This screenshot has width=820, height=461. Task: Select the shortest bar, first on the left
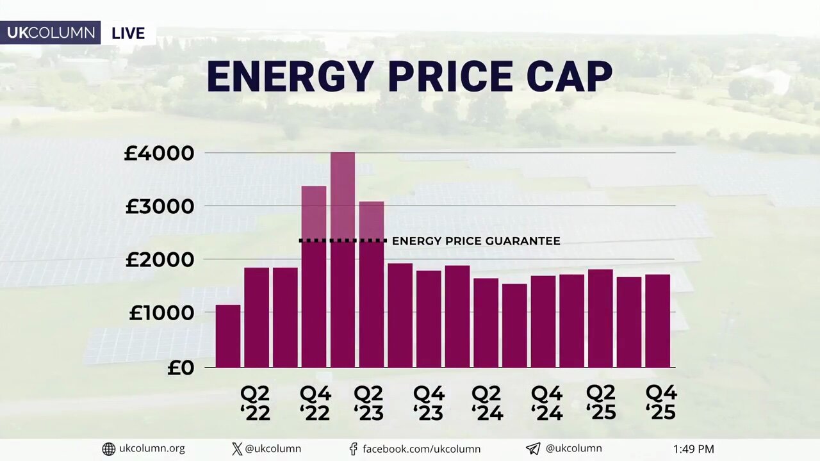click(228, 336)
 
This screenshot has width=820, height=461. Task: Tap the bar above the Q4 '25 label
click(657, 320)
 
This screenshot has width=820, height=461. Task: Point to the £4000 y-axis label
click(159, 154)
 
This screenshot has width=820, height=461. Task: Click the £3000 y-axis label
click(159, 207)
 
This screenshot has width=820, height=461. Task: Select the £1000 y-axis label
click(161, 313)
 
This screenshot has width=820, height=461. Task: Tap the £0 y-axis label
click(181, 368)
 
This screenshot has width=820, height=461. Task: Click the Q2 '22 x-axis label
click(255, 403)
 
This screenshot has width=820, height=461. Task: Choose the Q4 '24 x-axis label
click(546, 403)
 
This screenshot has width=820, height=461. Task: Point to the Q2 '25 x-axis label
click(601, 402)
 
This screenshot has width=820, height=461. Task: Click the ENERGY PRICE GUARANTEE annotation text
click(476, 241)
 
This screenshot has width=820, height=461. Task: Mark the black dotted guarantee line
click(343, 241)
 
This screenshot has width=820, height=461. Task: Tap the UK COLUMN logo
click(51, 33)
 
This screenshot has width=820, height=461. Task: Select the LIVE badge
click(128, 33)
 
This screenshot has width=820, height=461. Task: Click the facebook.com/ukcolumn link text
click(421, 449)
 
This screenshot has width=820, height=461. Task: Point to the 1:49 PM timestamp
click(693, 449)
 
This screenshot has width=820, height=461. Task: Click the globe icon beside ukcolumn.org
click(109, 449)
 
